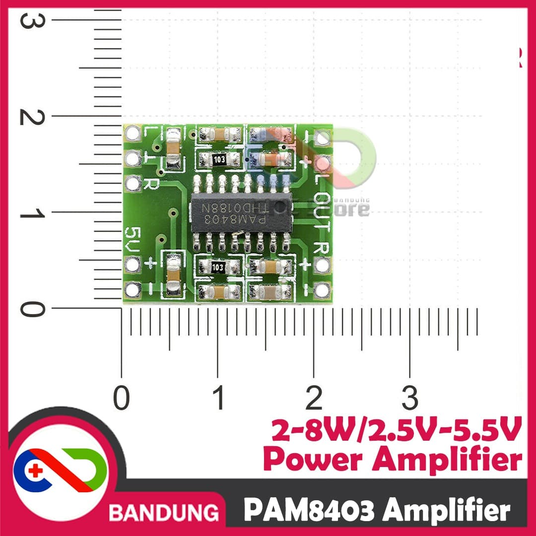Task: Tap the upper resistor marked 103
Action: click(220, 159)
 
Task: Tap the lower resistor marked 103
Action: click(218, 267)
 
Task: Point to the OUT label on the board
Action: click(322, 214)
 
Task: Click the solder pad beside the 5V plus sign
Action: click(133, 265)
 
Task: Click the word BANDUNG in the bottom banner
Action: click(164, 511)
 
